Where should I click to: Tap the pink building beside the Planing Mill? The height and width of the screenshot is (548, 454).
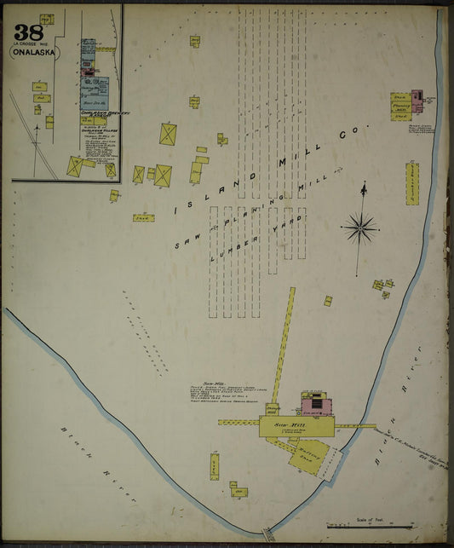pos(417,100)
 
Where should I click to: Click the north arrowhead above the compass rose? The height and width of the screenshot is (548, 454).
pos(364,186)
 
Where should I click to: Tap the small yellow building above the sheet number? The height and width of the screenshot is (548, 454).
pos(46,18)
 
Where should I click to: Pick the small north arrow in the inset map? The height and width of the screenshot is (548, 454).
pos(38,130)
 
